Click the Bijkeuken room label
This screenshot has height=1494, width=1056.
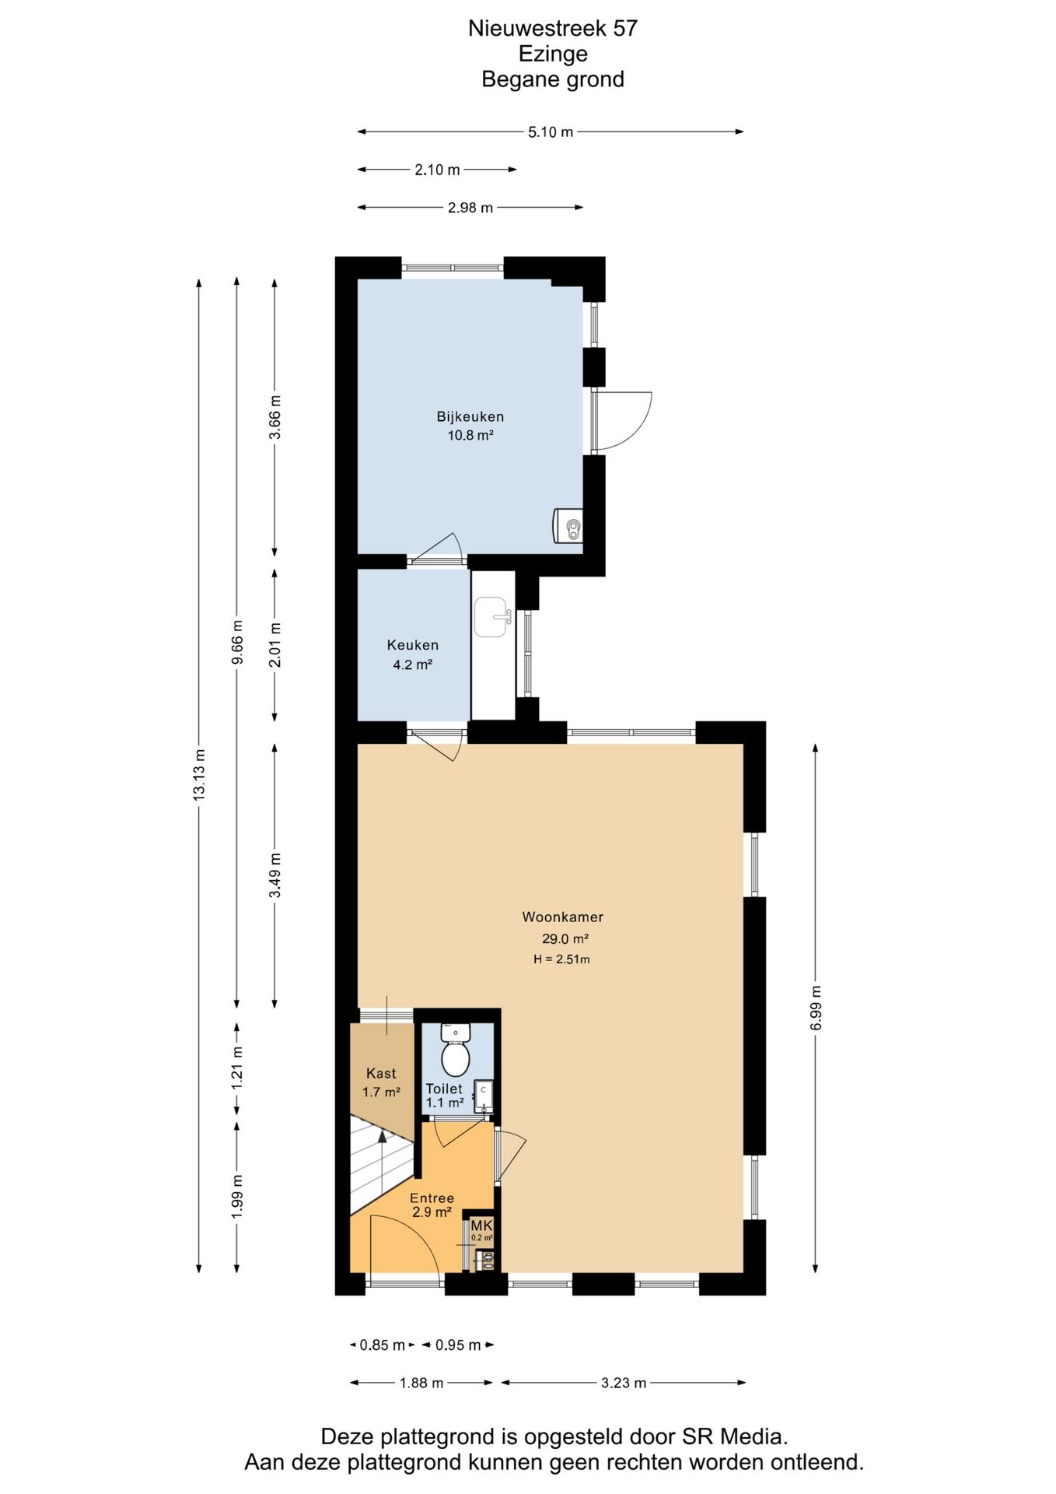470,417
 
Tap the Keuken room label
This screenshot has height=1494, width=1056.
413,645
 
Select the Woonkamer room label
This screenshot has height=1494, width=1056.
562,917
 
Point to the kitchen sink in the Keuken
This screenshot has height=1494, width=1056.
492,617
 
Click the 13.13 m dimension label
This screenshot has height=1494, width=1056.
199,775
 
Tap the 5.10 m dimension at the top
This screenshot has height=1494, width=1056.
551,132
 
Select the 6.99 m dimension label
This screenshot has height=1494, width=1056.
816,1008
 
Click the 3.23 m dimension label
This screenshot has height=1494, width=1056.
624,1383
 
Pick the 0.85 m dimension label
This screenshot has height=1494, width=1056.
382,1345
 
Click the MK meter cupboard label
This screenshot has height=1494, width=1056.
481,1226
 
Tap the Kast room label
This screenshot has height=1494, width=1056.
381,1074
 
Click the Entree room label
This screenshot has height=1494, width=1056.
432,1198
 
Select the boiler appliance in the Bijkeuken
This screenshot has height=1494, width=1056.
568,526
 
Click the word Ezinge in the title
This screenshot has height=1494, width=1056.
553,54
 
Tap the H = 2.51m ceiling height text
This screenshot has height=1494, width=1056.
561,959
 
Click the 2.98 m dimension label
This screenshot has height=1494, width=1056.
470,208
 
